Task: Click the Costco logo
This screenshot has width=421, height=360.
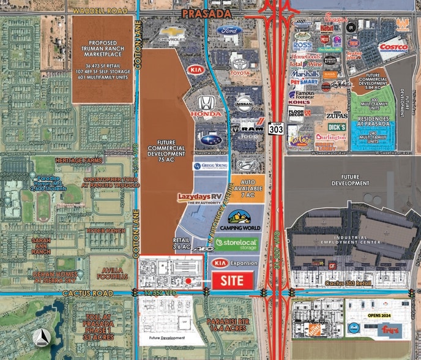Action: coord(393,47)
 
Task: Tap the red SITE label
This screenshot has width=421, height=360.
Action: coord(232,281)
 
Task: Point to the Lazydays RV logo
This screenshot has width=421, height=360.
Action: coord(198,197)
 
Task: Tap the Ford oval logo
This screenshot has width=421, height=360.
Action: coord(230,31)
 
